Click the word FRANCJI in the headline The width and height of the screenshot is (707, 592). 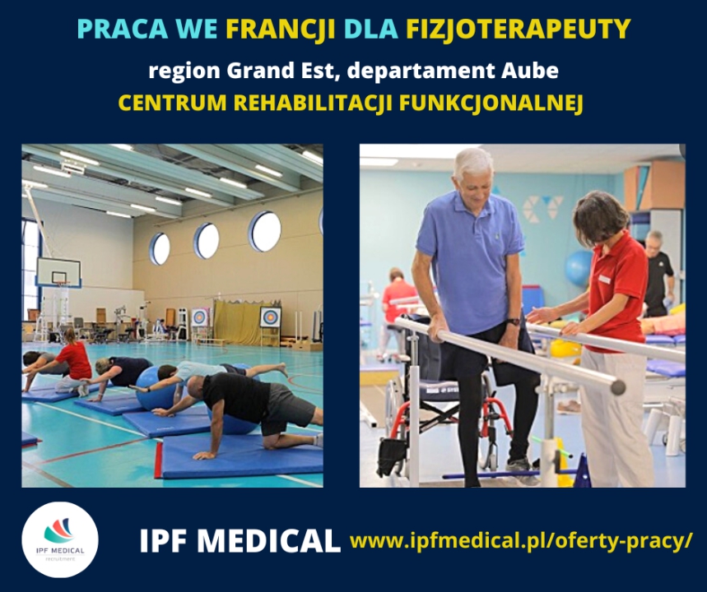(281, 30)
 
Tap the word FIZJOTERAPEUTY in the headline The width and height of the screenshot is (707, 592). (518, 30)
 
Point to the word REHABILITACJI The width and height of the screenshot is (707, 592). (314, 103)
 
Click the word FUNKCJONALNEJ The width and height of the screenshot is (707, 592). (491, 103)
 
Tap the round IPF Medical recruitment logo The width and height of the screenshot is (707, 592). (60, 539)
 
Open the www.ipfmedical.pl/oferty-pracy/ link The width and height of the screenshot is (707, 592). (521, 540)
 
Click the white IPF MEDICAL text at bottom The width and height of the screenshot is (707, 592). (240, 541)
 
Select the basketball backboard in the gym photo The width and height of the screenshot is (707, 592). (58, 272)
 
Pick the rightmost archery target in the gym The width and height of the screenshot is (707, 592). (270, 317)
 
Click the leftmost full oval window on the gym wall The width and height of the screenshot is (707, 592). (160, 248)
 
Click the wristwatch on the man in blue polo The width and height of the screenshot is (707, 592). (513, 321)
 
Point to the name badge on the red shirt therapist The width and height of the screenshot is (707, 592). (604, 280)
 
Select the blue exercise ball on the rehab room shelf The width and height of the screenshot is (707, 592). (579, 268)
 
